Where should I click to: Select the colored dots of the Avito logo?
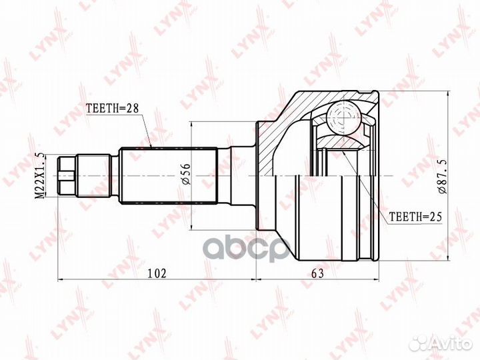[420, 343]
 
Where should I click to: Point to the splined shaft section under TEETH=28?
[169, 175]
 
